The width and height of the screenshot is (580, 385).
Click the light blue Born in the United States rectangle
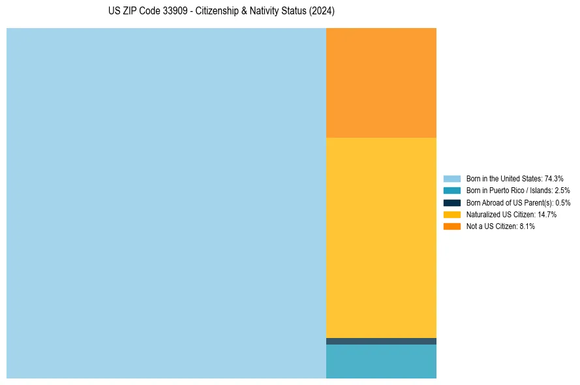click(166, 203)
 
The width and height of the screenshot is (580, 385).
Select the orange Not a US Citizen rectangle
click(381, 82)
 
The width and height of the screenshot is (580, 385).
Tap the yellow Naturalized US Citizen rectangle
click(381, 238)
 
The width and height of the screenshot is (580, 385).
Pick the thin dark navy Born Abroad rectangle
click(381, 341)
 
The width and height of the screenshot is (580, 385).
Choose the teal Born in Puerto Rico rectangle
click(381, 362)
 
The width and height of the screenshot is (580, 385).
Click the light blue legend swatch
click(452, 178)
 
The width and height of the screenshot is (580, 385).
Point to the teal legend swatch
click(452, 191)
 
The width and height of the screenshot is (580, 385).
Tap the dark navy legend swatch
click(452, 202)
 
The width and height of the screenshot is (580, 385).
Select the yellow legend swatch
click(452, 214)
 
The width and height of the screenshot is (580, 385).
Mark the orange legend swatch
click(452, 226)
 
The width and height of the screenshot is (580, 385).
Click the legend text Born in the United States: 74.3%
click(515, 178)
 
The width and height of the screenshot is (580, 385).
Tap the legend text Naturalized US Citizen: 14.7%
click(511, 214)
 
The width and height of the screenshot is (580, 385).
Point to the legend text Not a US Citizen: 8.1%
click(500, 226)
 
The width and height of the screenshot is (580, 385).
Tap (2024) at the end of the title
click(322, 12)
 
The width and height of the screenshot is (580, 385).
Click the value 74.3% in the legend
click(554, 178)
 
